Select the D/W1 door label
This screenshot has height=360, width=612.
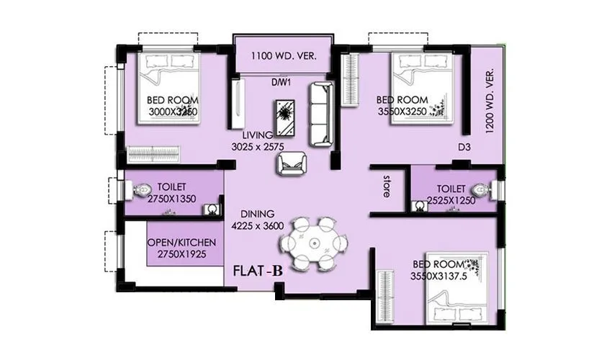pyautogui.click(x=280, y=82)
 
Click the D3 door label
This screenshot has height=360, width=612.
pyautogui.click(x=464, y=148)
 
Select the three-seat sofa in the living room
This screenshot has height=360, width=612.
pyautogui.click(x=321, y=113)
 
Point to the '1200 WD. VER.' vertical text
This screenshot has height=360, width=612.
pyautogui.click(x=489, y=101)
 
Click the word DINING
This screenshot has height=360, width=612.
pyautogui.click(x=258, y=213)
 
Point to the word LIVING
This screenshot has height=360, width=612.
pyautogui.click(x=257, y=135)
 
